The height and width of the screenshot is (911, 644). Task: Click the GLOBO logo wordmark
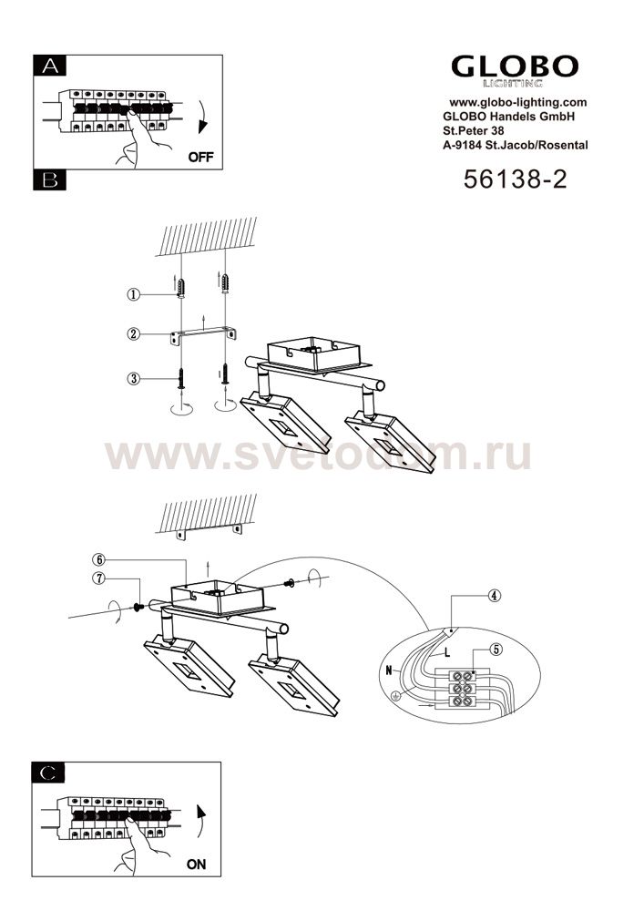click(x=515, y=67)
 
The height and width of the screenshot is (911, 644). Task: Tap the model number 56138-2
click(x=515, y=179)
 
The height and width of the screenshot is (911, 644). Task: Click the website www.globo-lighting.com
click(x=518, y=102)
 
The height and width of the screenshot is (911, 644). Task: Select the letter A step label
click(x=50, y=66)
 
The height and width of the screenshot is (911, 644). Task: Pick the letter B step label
click(x=50, y=179)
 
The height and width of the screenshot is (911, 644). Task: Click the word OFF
click(x=201, y=157)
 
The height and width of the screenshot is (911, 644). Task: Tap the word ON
click(x=196, y=865)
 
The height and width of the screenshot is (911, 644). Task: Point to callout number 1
click(x=134, y=295)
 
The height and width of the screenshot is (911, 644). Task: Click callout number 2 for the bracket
click(x=134, y=334)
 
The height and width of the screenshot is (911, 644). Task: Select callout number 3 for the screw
click(x=134, y=379)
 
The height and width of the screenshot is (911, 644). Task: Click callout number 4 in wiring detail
click(x=495, y=596)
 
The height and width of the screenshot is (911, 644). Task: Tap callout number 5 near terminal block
click(x=496, y=650)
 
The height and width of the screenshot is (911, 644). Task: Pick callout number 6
click(x=99, y=559)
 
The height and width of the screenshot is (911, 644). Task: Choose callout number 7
click(x=99, y=578)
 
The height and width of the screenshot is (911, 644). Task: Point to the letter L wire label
click(x=447, y=652)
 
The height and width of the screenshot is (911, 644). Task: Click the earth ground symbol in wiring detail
click(x=396, y=695)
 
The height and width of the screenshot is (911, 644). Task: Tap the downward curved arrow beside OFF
click(x=202, y=118)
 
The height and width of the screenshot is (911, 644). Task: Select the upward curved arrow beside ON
click(x=201, y=821)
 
